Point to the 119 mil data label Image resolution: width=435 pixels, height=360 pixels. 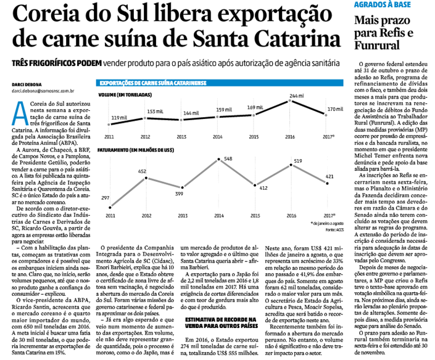[x=119, y=117]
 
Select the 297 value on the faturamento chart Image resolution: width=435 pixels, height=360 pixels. [x=106, y=198]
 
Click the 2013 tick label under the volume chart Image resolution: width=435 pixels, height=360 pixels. [x=182, y=137]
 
